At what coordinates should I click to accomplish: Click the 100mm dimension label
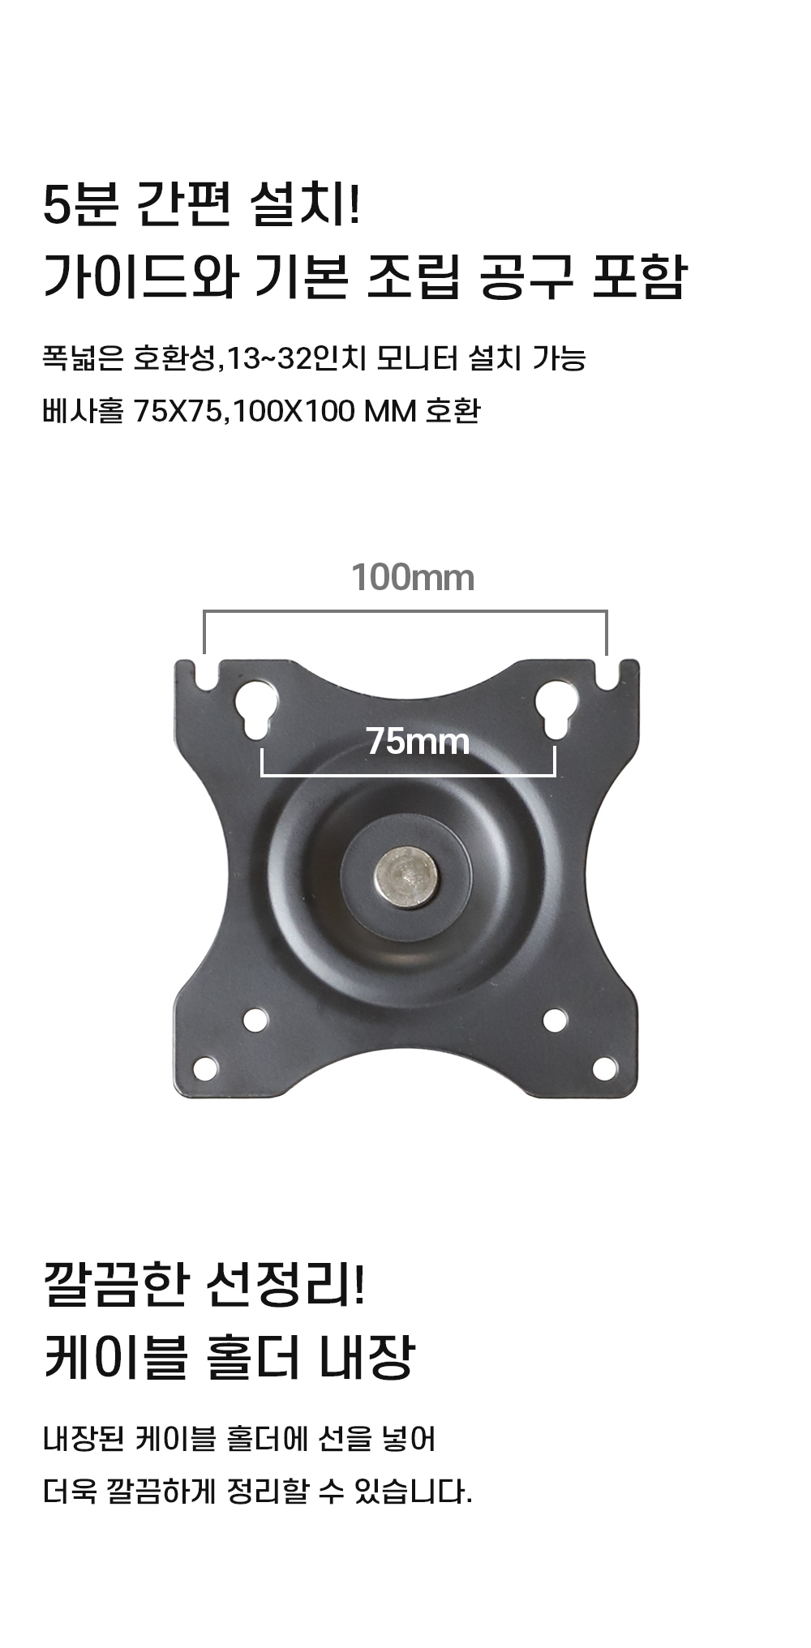[412, 578]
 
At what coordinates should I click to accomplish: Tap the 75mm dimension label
[417, 741]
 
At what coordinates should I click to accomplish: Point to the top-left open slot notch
[207, 676]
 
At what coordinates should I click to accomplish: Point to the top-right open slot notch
[607, 676]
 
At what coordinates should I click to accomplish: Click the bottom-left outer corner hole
[206, 1068]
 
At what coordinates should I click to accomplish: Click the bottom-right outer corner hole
[604, 1068]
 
